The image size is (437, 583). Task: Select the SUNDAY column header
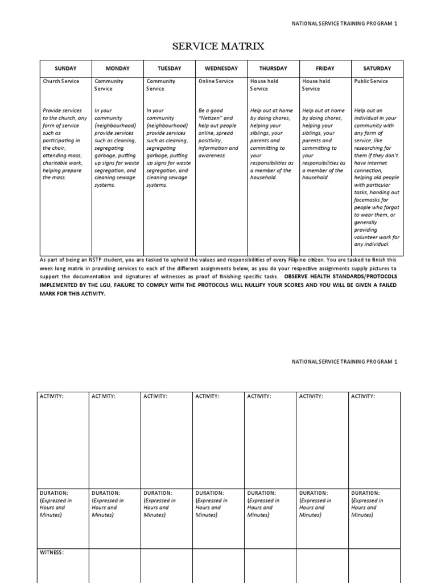point(65,68)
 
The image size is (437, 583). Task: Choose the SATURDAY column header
point(377,68)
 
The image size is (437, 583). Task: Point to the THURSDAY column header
point(273,68)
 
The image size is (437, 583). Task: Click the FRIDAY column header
point(325,68)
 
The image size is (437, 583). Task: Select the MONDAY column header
point(117,68)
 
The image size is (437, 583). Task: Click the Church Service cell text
point(61,81)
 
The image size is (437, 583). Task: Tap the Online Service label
point(216,81)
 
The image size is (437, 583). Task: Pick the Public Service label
point(371,81)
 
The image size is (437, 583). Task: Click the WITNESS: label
point(52,552)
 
